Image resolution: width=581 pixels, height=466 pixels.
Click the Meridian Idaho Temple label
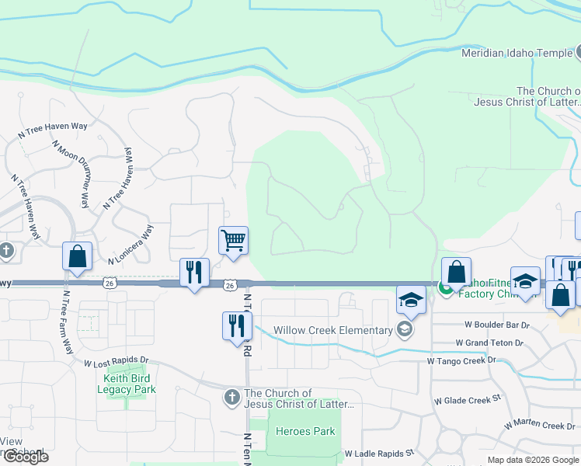point(517,54)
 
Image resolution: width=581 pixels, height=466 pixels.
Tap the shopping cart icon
point(233,240)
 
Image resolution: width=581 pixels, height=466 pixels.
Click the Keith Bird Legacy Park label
point(129,384)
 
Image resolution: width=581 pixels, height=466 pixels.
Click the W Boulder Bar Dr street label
point(497,325)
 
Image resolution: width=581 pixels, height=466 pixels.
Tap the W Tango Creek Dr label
point(461,360)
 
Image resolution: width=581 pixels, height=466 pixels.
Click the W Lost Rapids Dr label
point(116,362)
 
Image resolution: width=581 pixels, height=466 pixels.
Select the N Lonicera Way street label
point(132,243)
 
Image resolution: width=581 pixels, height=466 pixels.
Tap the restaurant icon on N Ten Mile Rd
point(235,325)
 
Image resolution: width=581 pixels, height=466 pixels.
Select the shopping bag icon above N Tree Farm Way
point(78,256)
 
